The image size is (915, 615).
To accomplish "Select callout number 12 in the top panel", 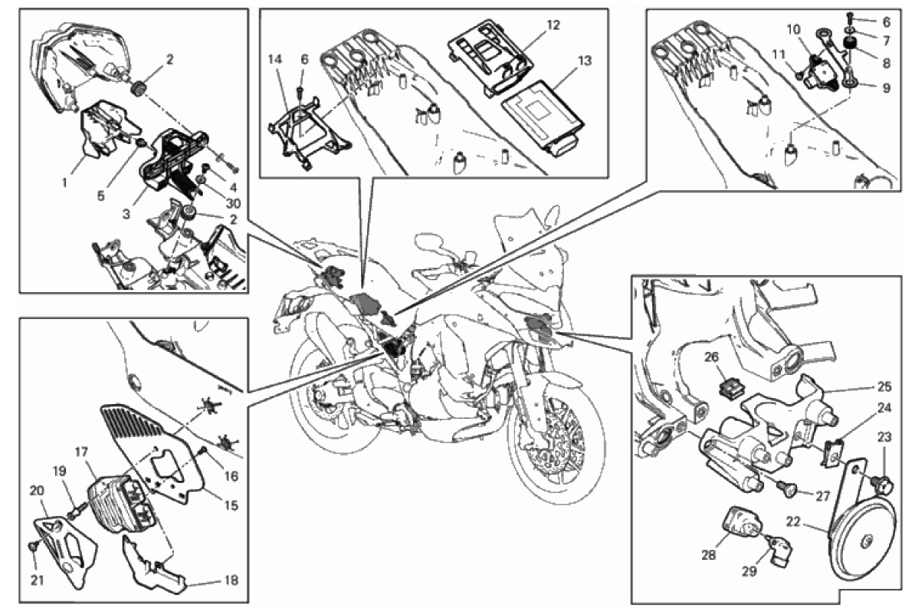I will pos(553,25).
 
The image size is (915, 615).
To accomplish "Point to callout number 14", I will pos(276,59).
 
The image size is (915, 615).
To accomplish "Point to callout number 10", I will pos(792,29).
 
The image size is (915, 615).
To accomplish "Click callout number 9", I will pos(885,88).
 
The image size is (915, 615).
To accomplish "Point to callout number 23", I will pos(884,439).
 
